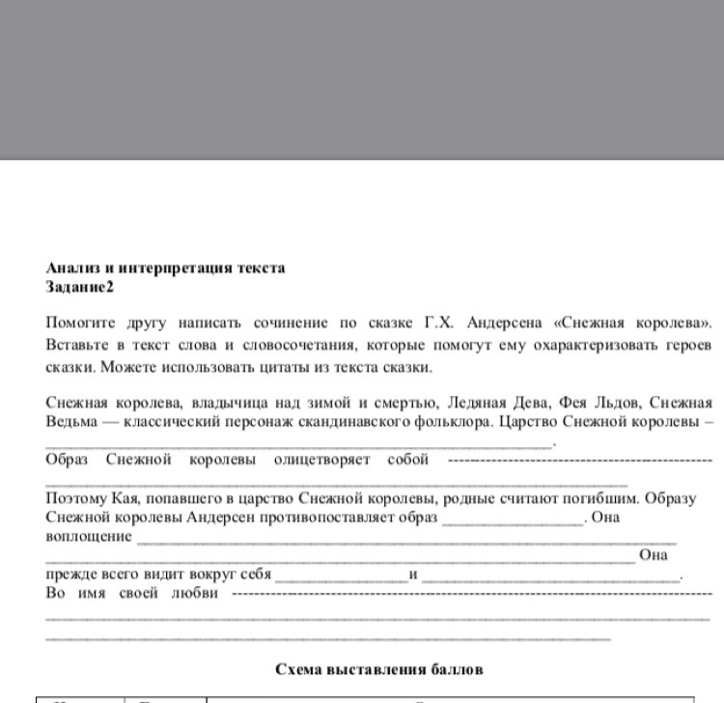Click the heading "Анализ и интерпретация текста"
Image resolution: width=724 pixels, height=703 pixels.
point(165,267)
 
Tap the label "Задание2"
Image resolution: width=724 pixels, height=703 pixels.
point(79,287)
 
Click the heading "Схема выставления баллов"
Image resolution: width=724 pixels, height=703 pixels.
point(378,668)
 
